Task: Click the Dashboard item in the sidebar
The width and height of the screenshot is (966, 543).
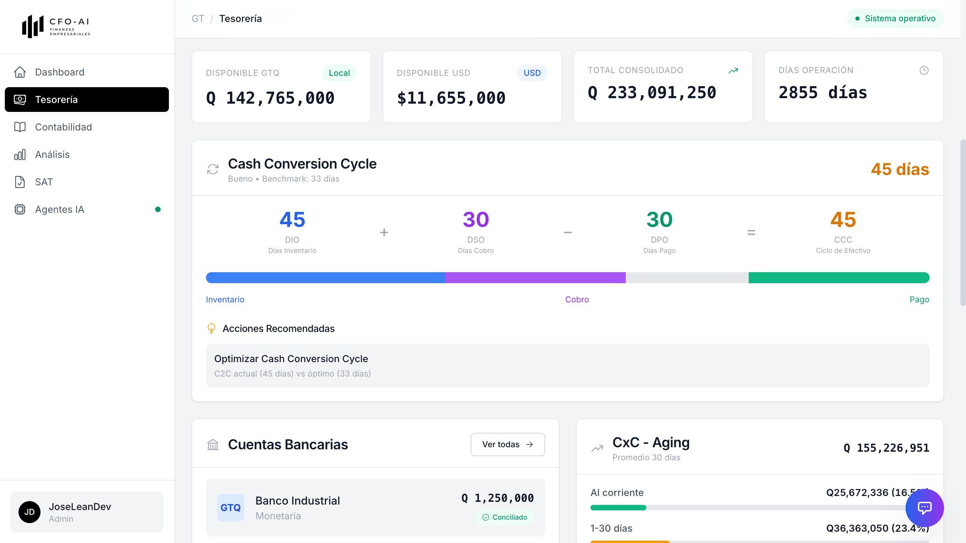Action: [59, 72]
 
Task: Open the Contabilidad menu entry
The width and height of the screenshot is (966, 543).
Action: [63, 127]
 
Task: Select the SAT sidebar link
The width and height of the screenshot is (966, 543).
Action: [44, 182]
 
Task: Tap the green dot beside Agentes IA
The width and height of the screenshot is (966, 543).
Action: [158, 209]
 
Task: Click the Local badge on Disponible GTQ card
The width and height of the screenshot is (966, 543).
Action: [339, 73]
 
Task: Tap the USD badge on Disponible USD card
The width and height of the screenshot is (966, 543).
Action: [532, 73]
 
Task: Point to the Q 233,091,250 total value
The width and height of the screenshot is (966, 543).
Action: [652, 93]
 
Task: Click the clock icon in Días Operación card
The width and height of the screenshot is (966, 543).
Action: [924, 70]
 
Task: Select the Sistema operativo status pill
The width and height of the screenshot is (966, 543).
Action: [895, 19]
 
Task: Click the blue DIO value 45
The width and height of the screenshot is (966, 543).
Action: [292, 219]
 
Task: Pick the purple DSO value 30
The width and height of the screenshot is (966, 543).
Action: [475, 219]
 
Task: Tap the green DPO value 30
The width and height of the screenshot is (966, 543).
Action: [659, 219]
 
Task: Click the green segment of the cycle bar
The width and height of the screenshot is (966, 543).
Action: [839, 277]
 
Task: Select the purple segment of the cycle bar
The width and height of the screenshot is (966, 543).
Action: [535, 277]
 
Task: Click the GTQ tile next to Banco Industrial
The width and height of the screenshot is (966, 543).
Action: [230, 507]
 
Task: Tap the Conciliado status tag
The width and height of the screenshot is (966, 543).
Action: [505, 517]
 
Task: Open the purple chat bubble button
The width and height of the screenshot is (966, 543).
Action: [924, 508]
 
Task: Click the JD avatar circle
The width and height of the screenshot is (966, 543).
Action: [29, 512]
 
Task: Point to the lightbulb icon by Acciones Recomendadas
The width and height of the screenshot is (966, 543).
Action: [211, 328]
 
